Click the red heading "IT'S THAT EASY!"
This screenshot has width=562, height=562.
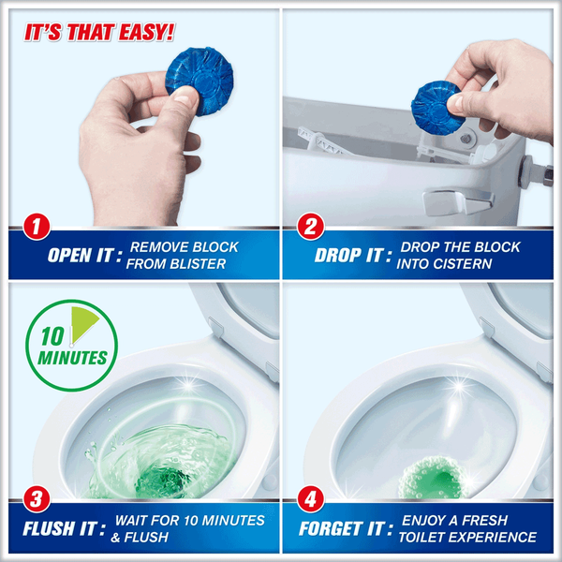(99, 33)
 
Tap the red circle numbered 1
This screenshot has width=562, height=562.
(37, 227)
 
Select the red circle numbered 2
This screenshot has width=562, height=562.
(311, 227)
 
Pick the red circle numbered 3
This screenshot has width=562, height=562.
(37, 499)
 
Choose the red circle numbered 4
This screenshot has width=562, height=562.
(311, 499)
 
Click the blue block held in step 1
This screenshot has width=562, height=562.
(200, 81)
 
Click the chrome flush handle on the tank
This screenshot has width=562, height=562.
(458, 201)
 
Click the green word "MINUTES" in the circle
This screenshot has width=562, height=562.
(72, 358)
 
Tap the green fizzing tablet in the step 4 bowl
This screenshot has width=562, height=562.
(432, 478)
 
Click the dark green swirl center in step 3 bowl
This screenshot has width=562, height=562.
(163, 481)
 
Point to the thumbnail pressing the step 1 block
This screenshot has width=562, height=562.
(185, 97)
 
